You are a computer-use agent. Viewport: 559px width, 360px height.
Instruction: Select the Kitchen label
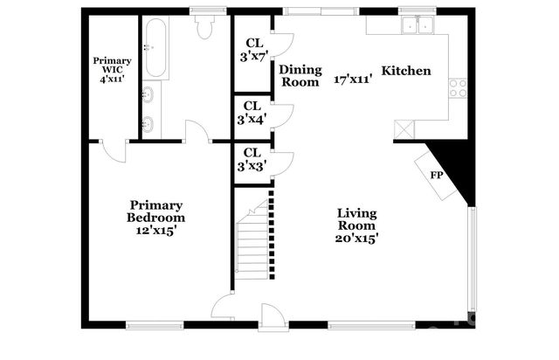(x=406, y=69)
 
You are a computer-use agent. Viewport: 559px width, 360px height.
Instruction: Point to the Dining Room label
(x=300, y=76)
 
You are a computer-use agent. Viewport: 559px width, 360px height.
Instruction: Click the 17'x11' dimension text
(x=354, y=80)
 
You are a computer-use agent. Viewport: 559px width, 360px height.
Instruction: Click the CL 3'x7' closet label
(x=254, y=51)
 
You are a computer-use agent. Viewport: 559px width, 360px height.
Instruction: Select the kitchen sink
(x=416, y=25)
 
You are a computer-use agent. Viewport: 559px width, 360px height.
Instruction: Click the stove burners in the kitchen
(x=458, y=87)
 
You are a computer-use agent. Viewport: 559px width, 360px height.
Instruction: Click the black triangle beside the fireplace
(x=456, y=166)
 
